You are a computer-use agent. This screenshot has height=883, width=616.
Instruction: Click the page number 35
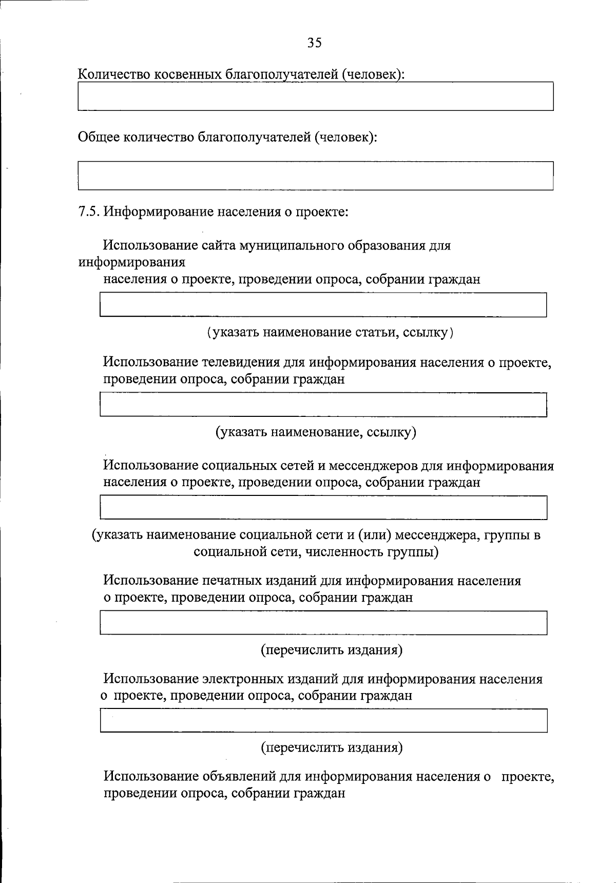tap(315, 43)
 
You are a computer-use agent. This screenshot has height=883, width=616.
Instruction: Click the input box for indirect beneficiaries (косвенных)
tap(315, 96)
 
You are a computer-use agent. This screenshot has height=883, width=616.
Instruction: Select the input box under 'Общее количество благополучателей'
tap(315, 176)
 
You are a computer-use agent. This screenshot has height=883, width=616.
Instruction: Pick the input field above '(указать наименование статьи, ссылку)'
tap(323, 304)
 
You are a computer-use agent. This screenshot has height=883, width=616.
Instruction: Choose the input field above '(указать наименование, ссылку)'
tap(323, 405)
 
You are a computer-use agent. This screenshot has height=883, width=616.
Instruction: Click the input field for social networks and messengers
tap(323, 507)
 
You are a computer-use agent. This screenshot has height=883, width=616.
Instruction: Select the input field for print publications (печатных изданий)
tap(323, 622)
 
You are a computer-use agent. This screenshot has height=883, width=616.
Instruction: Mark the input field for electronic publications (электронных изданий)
tap(323, 720)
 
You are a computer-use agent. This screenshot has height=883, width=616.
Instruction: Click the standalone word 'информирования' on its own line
tap(131, 262)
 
